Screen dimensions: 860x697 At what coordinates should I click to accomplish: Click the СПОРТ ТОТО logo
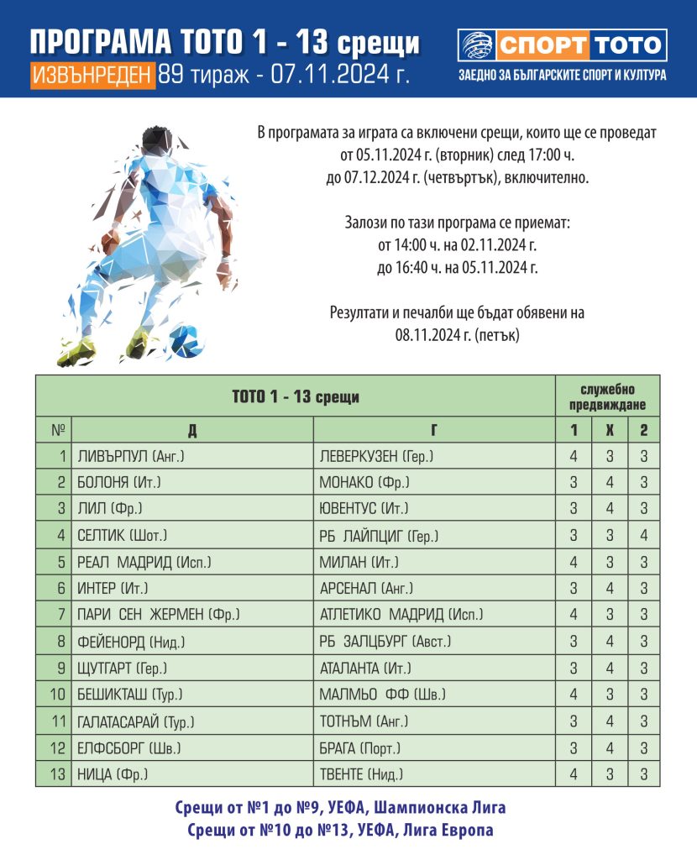point(562,45)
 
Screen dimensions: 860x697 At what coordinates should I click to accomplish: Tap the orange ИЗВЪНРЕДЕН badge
point(93,75)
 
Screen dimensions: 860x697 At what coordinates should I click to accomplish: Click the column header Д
point(192,430)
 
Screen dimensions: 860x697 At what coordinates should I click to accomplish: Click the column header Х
point(609,430)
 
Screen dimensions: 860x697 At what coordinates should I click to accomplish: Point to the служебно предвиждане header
point(607,396)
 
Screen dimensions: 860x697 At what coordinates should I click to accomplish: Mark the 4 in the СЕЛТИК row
point(643,536)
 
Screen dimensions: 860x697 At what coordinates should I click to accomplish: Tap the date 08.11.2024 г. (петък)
point(459,333)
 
